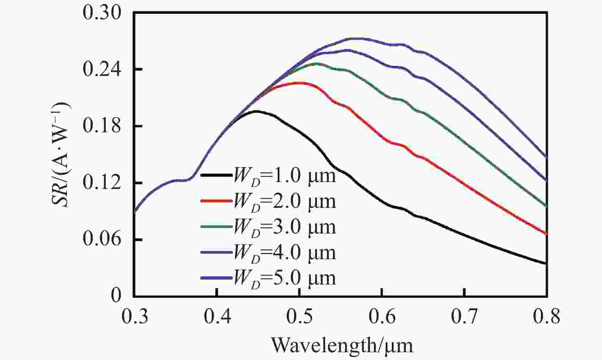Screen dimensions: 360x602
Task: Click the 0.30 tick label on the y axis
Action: (x=102, y=13)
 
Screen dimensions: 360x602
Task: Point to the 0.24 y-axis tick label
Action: (x=102, y=69)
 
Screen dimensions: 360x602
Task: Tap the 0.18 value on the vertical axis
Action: (x=102, y=126)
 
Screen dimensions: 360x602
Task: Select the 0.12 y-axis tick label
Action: (x=102, y=183)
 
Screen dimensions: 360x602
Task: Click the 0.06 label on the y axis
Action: (x=102, y=240)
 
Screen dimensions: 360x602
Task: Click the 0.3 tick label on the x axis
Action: (x=135, y=316)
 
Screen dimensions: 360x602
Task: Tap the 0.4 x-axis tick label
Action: (x=217, y=316)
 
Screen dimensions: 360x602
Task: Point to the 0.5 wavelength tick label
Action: (x=299, y=316)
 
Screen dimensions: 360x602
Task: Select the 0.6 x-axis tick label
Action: (x=382, y=316)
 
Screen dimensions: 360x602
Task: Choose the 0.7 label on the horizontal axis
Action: (x=465, y=316)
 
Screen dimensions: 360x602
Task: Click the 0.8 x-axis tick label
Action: (x=547, y=316)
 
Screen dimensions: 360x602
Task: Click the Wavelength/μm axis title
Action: (x=342, y=345)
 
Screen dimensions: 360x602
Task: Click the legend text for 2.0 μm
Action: (x=284, y=202)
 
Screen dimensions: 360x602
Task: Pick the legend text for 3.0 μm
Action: (x=284, y=227)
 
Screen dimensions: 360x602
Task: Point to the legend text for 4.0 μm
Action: (x=284, y=253)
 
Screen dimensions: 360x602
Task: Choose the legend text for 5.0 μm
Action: (x=284, y=278)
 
